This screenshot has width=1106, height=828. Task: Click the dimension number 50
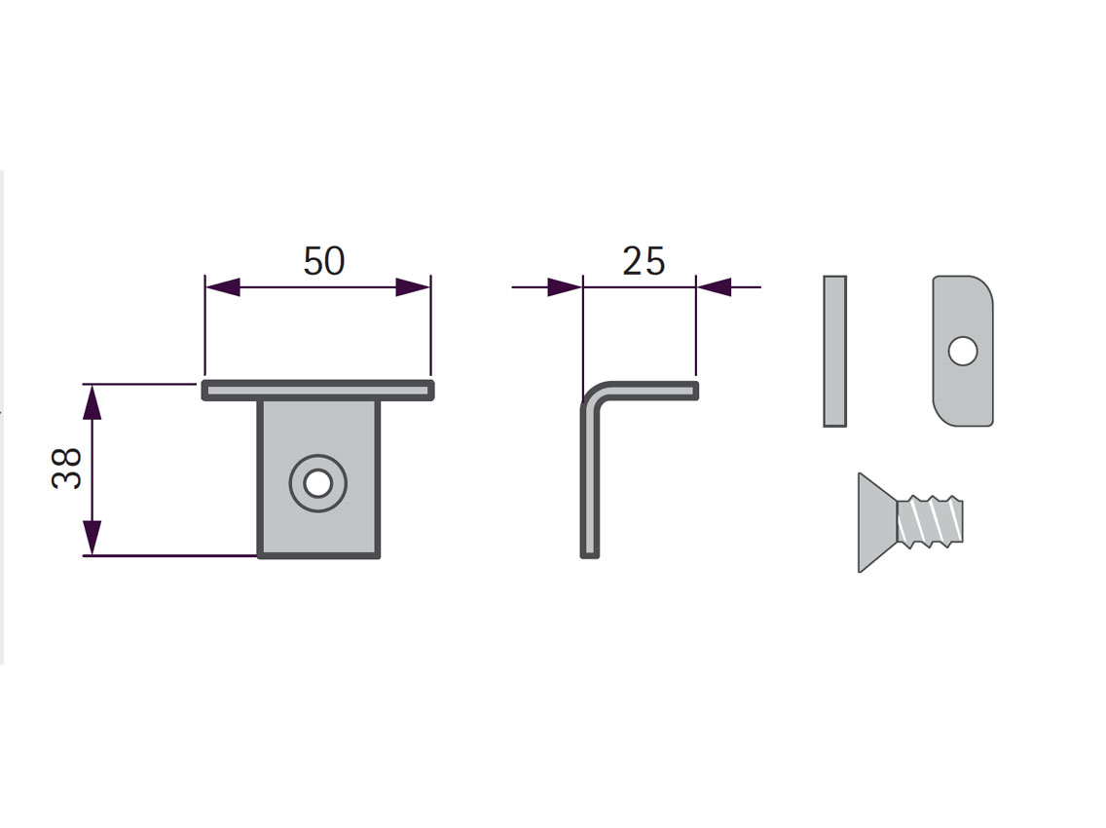pos(324,260)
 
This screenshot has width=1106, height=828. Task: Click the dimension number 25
pos(644,260)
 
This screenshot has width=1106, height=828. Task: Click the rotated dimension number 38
pos(67,468)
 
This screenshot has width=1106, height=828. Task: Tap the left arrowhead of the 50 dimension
pos(222,287)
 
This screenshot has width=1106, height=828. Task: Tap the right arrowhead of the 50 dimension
pos(413,287)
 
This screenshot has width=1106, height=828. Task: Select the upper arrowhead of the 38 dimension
pos(92,402)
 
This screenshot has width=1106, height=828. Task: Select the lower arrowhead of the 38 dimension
pos(92,538)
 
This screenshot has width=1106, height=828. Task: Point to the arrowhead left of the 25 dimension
pos(565,287)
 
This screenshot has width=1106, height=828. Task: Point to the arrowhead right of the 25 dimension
pos(714,287)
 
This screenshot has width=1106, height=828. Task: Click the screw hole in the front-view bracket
pos(318,483)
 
